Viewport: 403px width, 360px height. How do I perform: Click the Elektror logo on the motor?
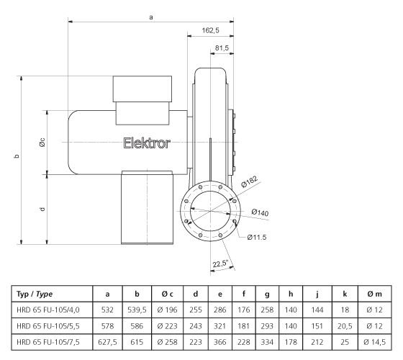click(147, 143)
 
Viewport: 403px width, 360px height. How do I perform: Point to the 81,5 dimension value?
click(222, 48)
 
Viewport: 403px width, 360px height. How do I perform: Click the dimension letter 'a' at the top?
click(150, 16)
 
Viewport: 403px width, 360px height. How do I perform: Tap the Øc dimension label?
click(42, 142)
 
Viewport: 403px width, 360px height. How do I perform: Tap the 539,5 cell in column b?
click(137, 308)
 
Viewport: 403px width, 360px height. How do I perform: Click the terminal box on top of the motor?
click(142, 89)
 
